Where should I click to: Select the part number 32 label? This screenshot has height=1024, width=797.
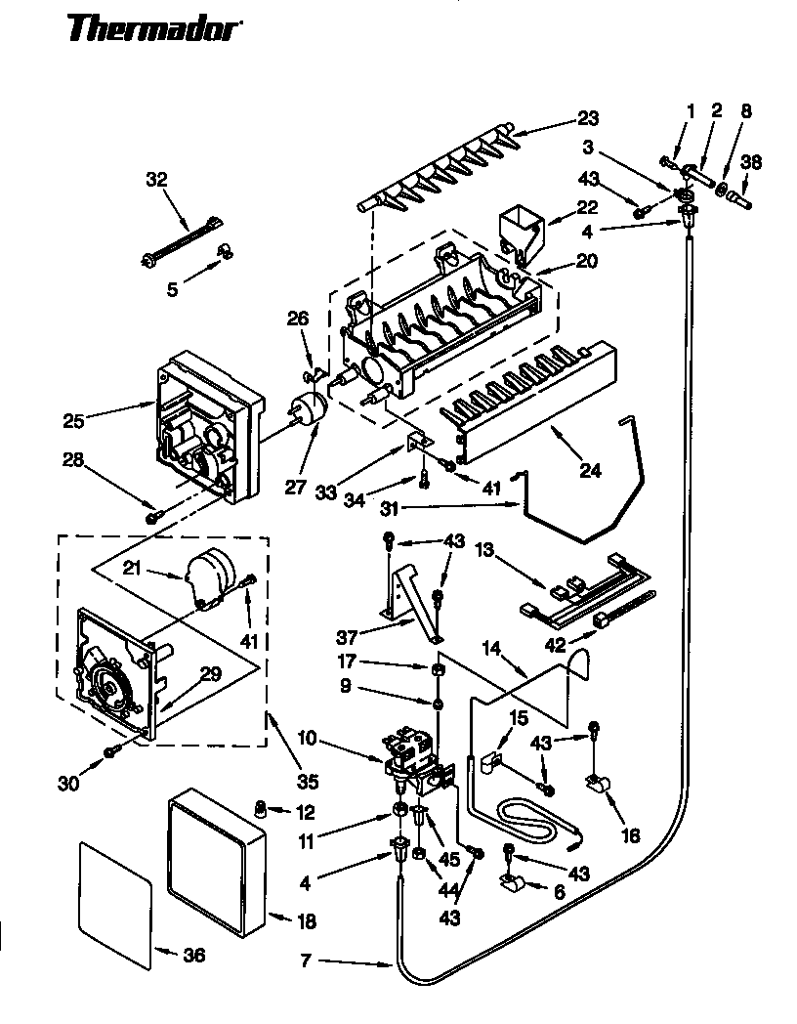[156, 180]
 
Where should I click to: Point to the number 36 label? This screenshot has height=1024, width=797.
[194, 956]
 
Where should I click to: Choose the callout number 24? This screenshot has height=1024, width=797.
[589, 470]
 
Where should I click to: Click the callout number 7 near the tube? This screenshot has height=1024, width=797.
[306, 961]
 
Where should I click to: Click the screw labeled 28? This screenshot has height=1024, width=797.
[151, 517]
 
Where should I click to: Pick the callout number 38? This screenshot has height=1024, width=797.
[751, 162]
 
